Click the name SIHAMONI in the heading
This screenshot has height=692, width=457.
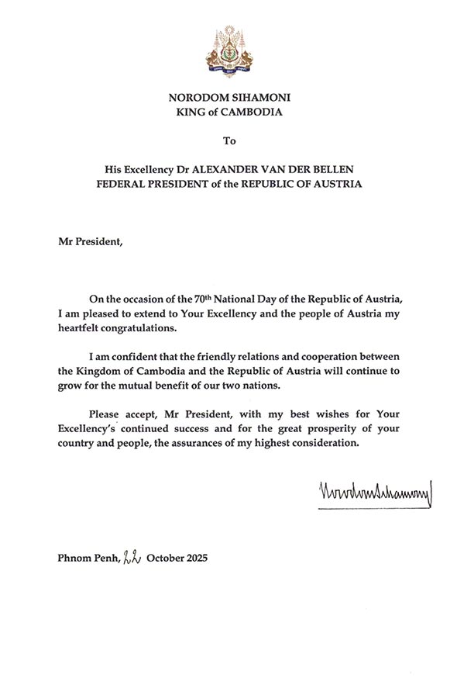[x=253, y=98]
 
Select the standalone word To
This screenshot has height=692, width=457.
[x=228, y=141]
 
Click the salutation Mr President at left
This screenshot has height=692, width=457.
[x=90, y=240]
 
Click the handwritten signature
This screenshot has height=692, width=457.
[x=374, y=492]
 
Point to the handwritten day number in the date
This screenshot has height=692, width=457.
[x=131, y=557]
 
